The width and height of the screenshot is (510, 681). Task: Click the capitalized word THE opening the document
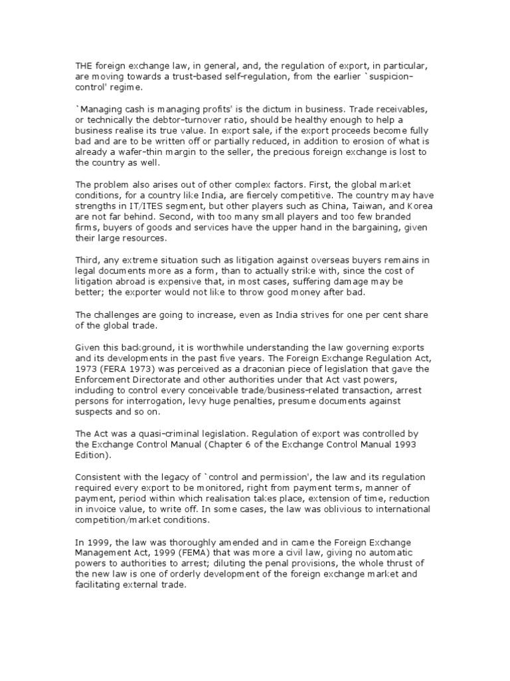[84, 65]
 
